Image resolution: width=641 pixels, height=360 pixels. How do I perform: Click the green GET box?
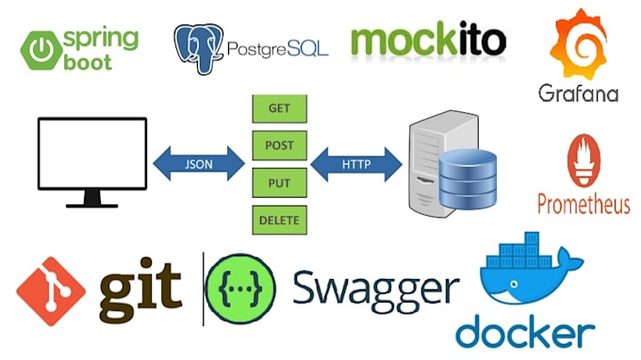(x=278, y=108)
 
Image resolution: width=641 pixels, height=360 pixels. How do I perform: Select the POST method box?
(x=278, y=146)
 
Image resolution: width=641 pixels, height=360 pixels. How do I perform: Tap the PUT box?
(x=278, y=183)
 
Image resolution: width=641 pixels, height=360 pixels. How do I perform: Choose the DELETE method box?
(x=278, y=220)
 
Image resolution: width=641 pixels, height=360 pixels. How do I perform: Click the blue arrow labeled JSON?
(x=200, y=164)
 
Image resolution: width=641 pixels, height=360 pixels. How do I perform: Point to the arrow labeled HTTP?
(x=357, y=164)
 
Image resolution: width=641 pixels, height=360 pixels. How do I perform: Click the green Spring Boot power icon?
(x=41, y=48)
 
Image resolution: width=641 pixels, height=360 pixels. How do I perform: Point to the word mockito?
(x=428, y=41)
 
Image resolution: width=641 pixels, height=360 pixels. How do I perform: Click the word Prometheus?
(x=583, y=203)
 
